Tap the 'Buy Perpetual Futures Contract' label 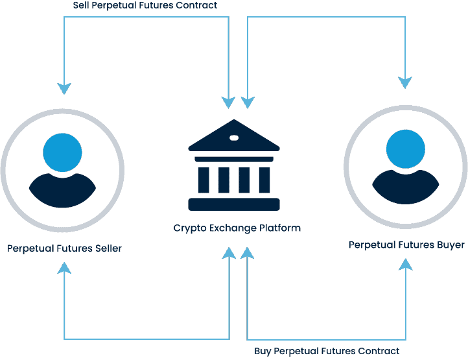point(327,351)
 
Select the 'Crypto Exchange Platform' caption point(237,228)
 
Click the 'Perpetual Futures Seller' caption point(64,248)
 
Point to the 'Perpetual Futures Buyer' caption point(406,245)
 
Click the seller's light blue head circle point(63,153)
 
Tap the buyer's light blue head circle point(406,150)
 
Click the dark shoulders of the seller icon point(63,190)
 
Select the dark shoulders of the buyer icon point(406,187)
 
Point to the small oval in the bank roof point(234,137)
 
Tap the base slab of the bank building point(233,204)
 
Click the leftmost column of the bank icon point(204,180)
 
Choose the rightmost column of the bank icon point(264,180)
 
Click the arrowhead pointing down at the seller point(64,88)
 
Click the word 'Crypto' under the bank point(188,228)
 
